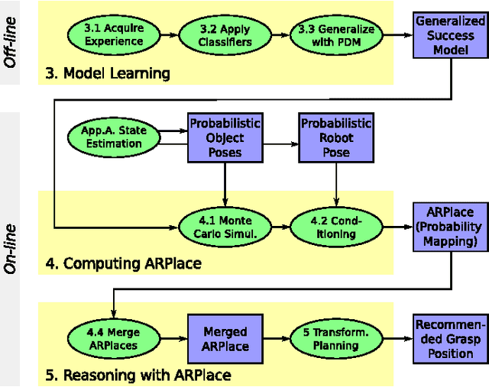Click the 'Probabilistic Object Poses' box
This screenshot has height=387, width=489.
225,137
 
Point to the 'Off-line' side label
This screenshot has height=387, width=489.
12,44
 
